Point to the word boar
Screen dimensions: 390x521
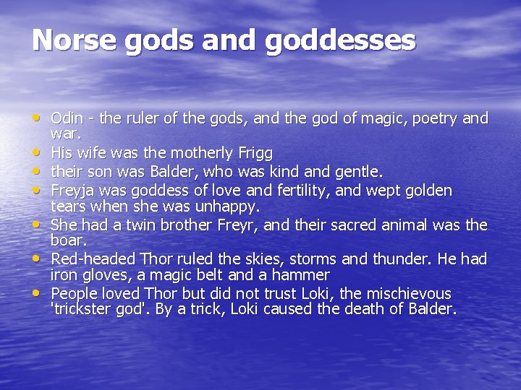69,240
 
